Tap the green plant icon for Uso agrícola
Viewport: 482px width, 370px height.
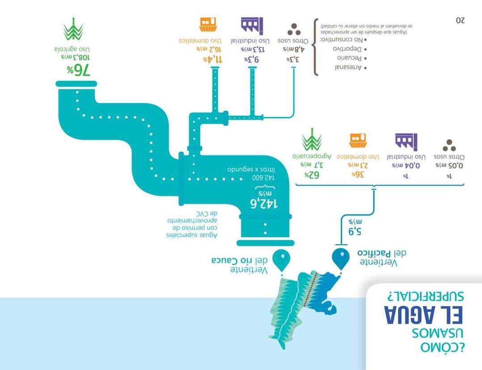click(73, 29)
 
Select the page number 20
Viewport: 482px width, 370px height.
click(460, 21)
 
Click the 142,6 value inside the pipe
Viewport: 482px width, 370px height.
click(263, 204)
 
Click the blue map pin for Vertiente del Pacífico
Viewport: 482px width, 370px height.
click(341, 259)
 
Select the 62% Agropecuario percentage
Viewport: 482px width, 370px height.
click(312, 175)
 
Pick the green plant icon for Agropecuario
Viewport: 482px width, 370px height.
click(312, 139)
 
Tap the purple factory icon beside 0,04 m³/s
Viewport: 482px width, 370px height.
click(406, 141)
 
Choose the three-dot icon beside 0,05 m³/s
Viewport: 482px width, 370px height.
click(449, 145)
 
